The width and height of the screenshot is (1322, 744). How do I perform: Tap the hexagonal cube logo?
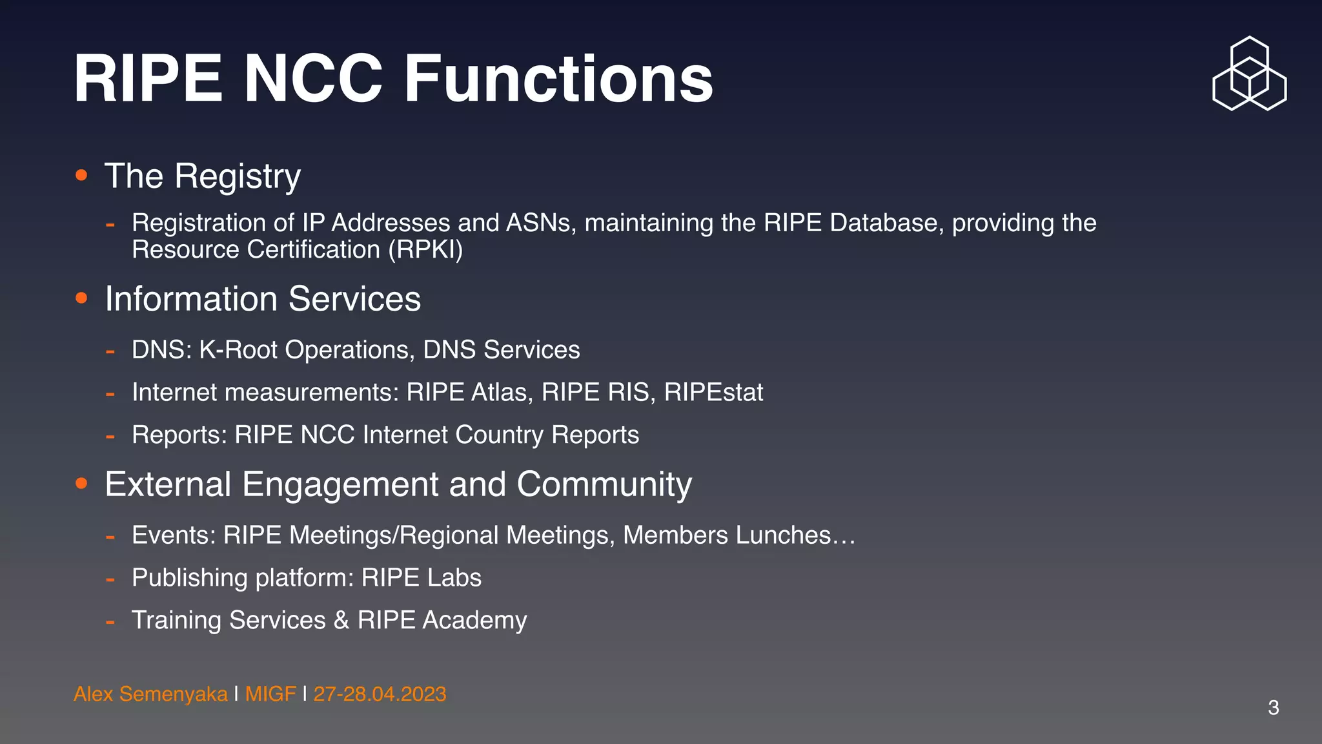[x=1249, y=74]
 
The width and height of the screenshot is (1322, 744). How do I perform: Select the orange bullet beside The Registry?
[x=81, y=175]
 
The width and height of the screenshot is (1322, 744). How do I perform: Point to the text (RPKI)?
[x=425, y=250]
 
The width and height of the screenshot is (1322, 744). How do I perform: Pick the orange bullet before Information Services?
[x=81, y=298]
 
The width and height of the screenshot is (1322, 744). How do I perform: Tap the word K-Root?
[x=238, y=349]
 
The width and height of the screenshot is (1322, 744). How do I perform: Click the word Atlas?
[x=502, y=392]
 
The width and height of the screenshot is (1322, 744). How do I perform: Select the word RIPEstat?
[x=713, y=392]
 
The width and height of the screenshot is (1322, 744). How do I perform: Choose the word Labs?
[x=454, y=577]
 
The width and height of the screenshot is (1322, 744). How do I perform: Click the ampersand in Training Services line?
[x=341, y=620]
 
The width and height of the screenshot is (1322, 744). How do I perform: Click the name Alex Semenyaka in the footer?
[x=150, y=694]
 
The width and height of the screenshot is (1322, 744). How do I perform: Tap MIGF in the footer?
[x=270, y=694]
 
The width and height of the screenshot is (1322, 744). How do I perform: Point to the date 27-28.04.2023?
[x=380, y=694]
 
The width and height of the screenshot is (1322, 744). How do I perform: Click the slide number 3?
[x=1273, y=707]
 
